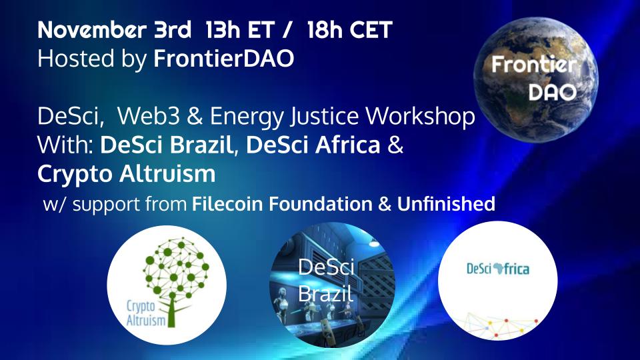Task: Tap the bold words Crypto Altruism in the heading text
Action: pos(127,174)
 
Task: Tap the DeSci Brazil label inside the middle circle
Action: pos(326,280)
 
